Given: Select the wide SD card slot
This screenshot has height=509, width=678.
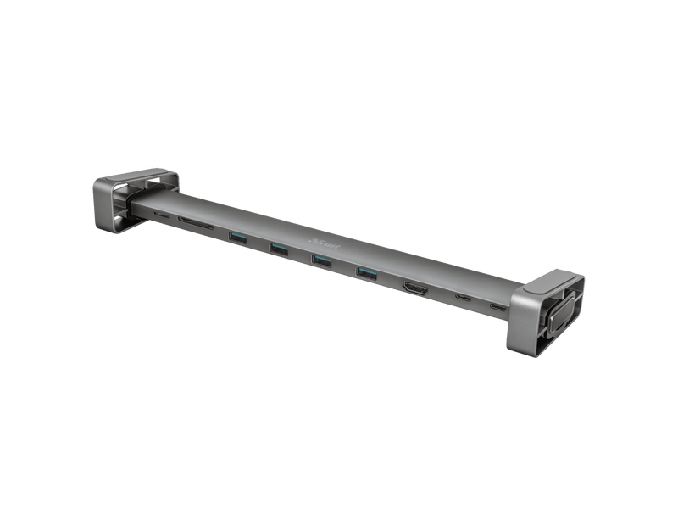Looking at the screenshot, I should (x=194, y=227).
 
